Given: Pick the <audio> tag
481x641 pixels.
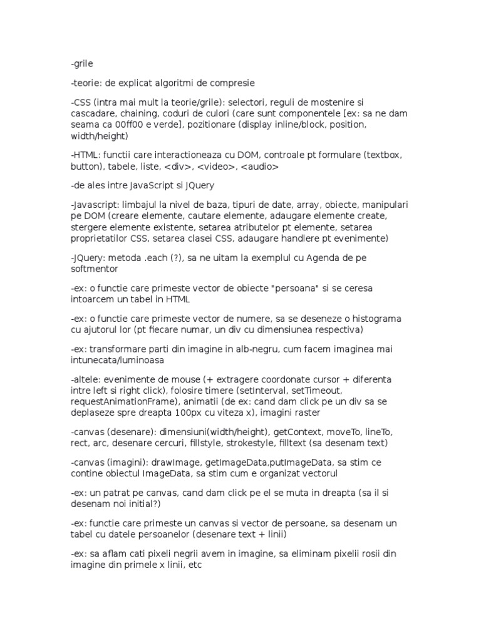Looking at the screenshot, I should pos(260,167).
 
